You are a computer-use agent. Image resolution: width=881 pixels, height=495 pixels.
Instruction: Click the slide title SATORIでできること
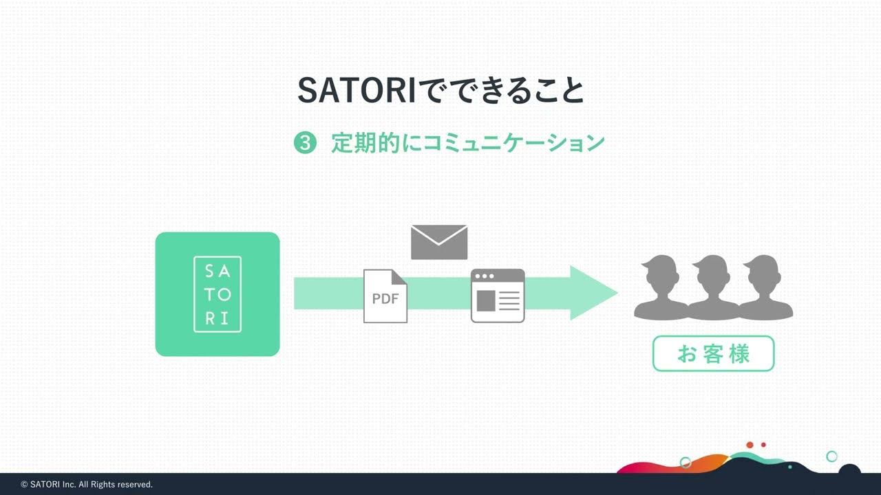tap(440, 90)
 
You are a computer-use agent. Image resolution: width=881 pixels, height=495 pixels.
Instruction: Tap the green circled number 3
tap(305, 143)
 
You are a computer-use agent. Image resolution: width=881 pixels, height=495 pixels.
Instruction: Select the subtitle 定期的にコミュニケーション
tap(467, 143)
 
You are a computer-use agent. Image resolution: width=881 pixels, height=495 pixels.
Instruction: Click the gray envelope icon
tap(439, 242)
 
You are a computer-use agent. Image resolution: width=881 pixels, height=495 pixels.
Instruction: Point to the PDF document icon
tap(385, 296)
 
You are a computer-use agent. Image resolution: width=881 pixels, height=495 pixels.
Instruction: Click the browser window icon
tap(498, 296)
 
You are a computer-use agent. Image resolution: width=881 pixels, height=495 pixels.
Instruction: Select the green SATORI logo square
tap(217, 294)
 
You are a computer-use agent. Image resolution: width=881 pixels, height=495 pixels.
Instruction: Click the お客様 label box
tap(713, 353)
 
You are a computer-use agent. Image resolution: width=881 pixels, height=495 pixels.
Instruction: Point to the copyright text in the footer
tap(87, 485)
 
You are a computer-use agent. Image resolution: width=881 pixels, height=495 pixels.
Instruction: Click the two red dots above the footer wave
tap(756, 445)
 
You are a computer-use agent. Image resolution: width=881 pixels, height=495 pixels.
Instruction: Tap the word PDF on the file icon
tap(385, 299)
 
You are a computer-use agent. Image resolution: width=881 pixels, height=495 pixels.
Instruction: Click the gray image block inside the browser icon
tap(486, 301)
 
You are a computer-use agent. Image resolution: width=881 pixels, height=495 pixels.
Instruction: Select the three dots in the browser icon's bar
tap(484, 276)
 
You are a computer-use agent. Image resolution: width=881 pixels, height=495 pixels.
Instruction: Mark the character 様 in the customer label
tap(740, 354)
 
